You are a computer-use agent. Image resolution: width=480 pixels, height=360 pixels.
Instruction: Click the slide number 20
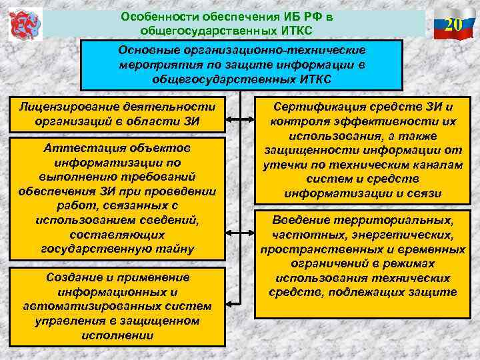coord(453,27)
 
